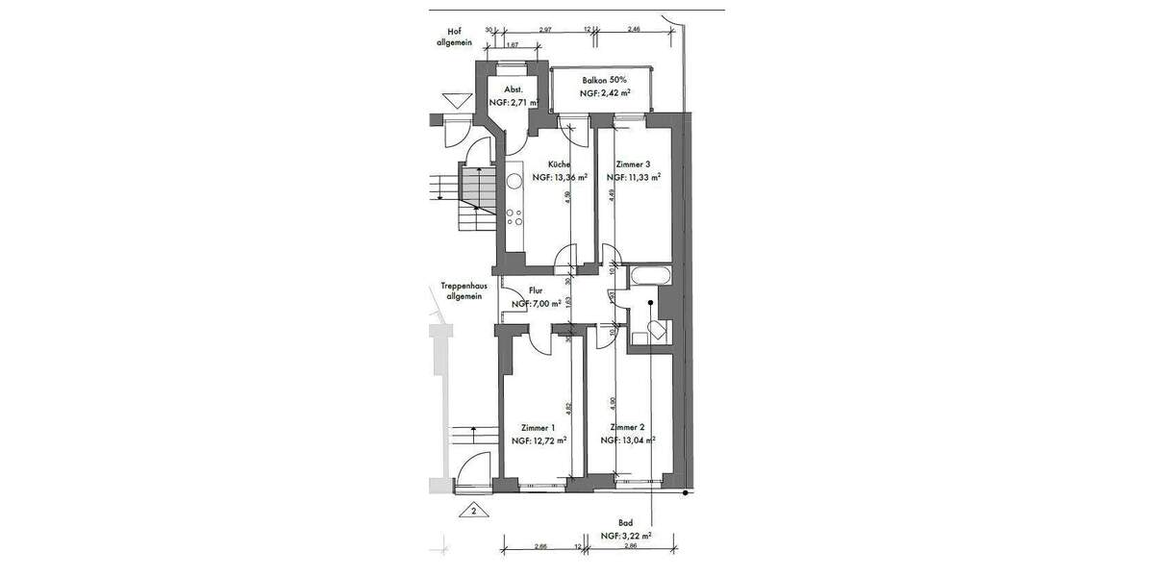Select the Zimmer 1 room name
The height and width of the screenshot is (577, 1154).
(538, 428)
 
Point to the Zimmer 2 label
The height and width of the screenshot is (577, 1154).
(626, 427)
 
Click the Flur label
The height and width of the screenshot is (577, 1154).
(536, 289)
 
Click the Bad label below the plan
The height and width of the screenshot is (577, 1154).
(625, 523)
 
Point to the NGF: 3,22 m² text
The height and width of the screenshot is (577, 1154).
(626, 536)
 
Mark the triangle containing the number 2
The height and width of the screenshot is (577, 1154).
(473, 511)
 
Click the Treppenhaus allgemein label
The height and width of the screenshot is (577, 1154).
(461, 291)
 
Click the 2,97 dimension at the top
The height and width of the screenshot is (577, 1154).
(544, 31)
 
